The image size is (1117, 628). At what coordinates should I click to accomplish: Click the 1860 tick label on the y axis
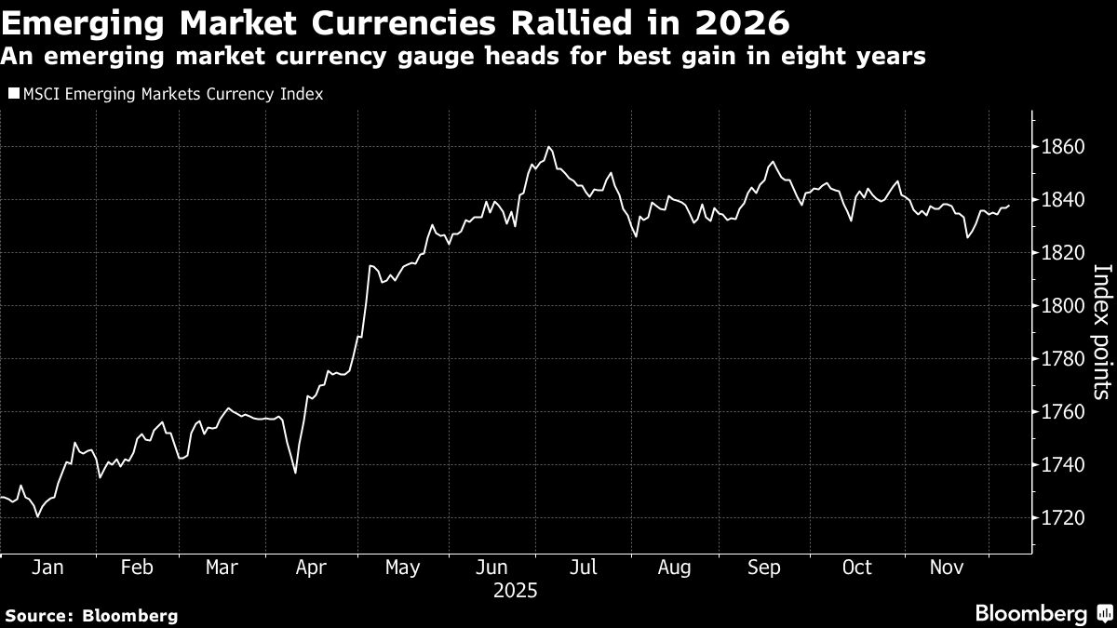click(1062, 147)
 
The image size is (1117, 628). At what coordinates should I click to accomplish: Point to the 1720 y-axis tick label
click(1062, 517)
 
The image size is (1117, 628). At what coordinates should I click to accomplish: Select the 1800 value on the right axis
click(1062, 306)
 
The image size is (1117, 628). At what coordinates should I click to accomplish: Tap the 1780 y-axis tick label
click(1062, 359)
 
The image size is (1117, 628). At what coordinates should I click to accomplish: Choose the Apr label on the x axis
click(310, 568)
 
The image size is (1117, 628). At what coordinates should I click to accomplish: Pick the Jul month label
click(585, 568)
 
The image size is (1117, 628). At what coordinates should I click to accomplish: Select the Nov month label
click(947, 568)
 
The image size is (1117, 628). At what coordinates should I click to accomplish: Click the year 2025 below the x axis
click(515, 590)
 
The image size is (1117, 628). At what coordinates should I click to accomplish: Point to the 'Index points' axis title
click(1100, 331)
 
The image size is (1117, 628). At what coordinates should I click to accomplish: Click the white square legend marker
click(13, 94)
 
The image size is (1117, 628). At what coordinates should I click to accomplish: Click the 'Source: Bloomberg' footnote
click(90, 615)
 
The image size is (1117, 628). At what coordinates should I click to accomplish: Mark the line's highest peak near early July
click(549, 147)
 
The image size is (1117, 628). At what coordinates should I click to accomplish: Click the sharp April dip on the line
click(295, 473)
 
